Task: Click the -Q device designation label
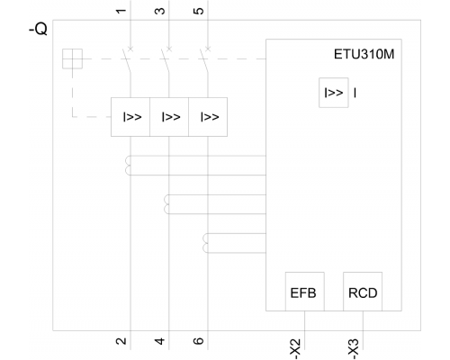tap(38, 29)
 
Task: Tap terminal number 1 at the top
tap(121, 11)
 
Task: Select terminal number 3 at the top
tap(160, 11)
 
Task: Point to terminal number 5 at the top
tap(199, 11)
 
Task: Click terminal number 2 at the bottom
tap(121, 341)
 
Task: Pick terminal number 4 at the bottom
tap(160, 341)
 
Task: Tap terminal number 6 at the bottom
tap(199, 341)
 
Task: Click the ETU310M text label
tap(364, 54)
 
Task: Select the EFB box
tap(305, 292)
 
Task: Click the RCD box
tap(363, 292)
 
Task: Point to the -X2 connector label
tap(295, 349)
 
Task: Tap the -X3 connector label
tap(354, 349)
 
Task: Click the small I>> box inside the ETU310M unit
tap(334, 93)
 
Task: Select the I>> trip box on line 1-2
tap(130, 117)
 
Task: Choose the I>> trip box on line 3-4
tap(169, 117)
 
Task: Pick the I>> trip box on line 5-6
tap(208, 117)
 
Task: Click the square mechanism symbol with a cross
tap(72, 58)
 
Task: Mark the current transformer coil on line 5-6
tap(204, 243)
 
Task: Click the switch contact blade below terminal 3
tap(166, 61)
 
